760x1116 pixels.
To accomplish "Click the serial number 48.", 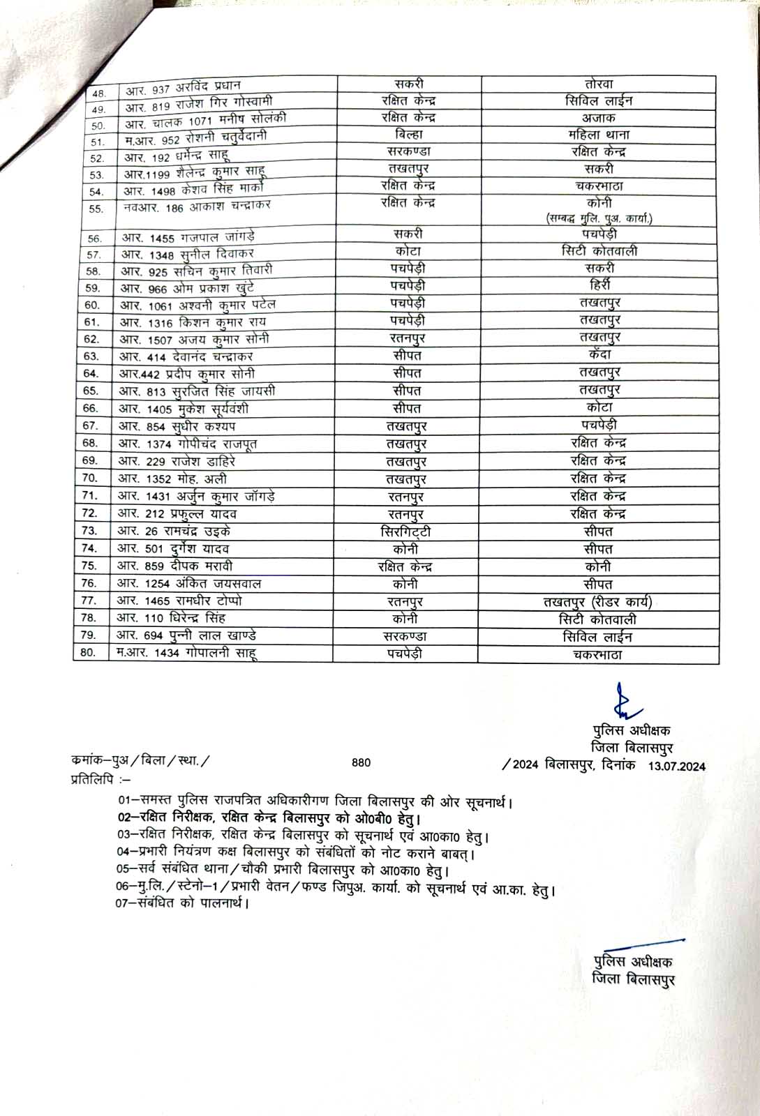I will coord(99,93).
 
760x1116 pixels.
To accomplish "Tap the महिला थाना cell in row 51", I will coord(599,135).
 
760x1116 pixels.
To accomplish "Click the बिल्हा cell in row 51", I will coord(408,135).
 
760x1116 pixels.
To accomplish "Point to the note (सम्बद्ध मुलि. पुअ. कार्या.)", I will coord(599,219).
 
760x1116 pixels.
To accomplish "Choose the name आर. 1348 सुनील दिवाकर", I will coord(188,254).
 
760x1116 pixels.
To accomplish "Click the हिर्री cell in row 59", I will coord(599,285).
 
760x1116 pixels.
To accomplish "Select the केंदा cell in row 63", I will coord(599,354).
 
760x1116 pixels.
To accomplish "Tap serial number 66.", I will coord(91,409).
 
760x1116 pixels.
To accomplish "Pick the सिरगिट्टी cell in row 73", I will coord(405,531).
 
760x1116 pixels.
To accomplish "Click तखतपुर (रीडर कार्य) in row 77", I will coord(597,602).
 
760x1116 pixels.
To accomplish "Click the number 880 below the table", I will coord(362,762).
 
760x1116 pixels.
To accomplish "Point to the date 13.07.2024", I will coord(677,766).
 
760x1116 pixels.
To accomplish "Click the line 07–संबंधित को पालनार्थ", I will coord(183,903).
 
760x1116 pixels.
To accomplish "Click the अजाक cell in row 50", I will coord(599,118).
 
